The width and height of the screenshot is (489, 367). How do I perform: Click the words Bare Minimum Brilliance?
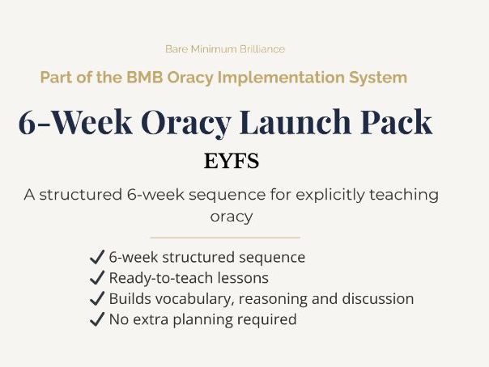tap(224, 49)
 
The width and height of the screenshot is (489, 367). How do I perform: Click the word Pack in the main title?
tap(399, 122)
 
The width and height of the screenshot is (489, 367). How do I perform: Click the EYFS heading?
tap(232, 161)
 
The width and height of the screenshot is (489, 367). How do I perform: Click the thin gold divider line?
tap(225, 238)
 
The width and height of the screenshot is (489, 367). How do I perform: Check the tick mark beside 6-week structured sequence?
tap(97, 258)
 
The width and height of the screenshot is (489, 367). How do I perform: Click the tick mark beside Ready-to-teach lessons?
tap(97, 278)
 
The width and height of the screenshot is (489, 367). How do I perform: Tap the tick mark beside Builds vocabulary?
tap(97, 298)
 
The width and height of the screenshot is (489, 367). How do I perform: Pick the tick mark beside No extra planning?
tap(97, 319)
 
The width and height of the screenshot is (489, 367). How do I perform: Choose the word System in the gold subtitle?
tap(381, 78)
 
